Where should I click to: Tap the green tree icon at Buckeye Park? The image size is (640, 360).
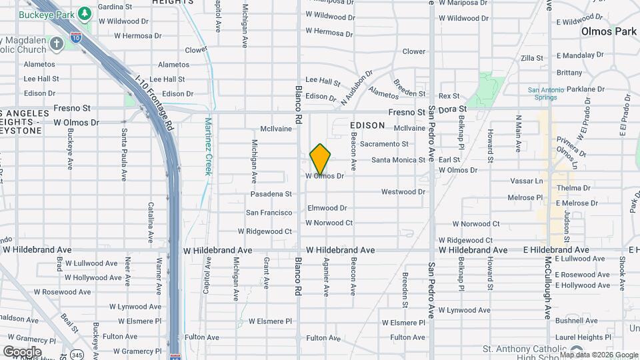85,13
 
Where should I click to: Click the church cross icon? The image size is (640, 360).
57,43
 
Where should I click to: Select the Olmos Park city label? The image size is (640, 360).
609,31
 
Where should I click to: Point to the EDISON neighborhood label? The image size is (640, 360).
367,125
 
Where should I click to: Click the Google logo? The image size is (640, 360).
22,351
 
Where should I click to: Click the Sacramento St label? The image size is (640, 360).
383,144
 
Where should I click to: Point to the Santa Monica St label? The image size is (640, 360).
398,160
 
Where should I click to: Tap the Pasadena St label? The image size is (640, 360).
271,194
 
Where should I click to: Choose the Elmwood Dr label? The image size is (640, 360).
327,208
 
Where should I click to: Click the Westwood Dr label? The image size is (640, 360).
403,192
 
